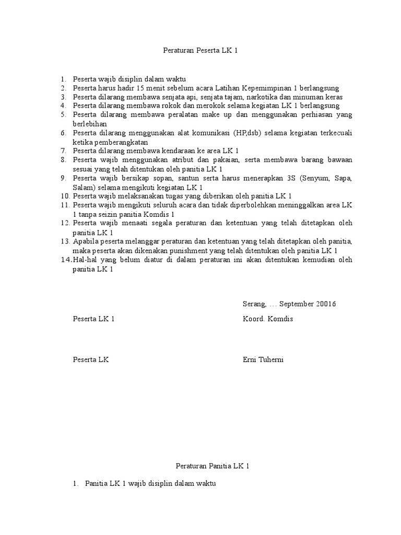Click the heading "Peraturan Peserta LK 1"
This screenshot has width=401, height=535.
point(200,51)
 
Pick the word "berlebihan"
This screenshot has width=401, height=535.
point(90,124)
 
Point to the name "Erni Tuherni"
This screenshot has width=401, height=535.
point(263,360)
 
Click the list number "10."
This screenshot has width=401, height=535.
point(65,196)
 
